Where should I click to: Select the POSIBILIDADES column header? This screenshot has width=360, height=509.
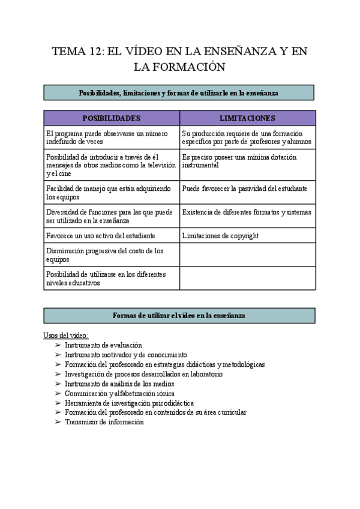tap(112, 118)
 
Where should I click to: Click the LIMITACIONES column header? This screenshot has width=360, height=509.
tap(247, 118)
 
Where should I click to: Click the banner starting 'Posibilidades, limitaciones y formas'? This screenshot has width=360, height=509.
tap(179, 92)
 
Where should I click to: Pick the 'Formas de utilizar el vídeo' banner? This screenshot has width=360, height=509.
tap(179, 316)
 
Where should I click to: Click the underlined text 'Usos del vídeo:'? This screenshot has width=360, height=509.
tap(67, 336)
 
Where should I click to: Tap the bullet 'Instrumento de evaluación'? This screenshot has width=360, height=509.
tap(103, 345)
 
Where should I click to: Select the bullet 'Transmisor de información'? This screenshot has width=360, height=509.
tap(104, 422)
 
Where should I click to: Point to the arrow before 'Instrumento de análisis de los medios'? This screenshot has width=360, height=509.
tap(58, 384)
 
